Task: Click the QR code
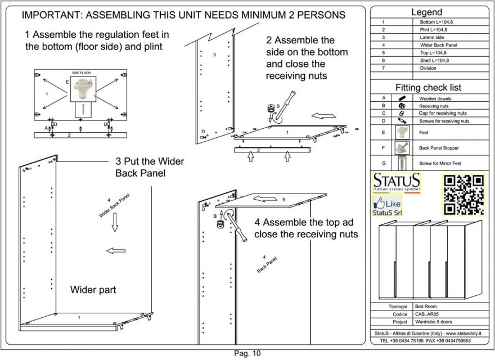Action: click(463, 195)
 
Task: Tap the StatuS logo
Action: click(396, 183)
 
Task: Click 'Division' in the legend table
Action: click(428, 68)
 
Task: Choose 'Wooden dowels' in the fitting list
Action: click(435, 98)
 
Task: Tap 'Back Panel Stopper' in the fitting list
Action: click(439, 148)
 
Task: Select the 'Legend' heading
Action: click(426, 12)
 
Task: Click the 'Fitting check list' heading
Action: click(428, 87)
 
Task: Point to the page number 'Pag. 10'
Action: click(247, 353)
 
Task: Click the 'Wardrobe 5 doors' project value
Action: click(435, 322)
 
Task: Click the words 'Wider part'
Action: click(93, 290)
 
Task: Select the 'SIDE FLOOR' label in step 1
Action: click(82, 73)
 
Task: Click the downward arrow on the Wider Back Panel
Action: click(115, 224)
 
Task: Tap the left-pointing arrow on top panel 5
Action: click(260, 199)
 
